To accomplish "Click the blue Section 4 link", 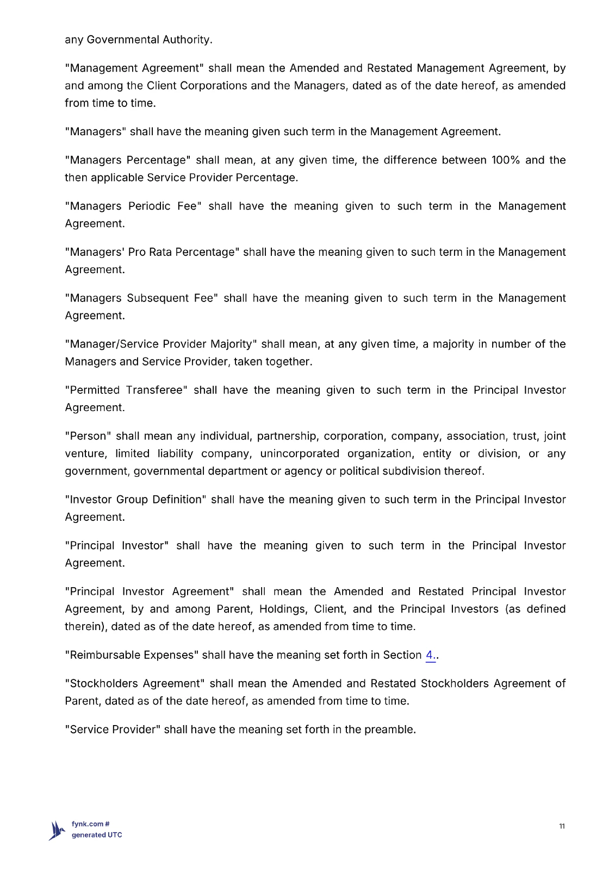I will [x=430, y=655].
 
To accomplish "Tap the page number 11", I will [x=562, y=826].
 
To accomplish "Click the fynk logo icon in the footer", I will [x=57, y=830].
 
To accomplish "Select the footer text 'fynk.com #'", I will [x=91, y=824].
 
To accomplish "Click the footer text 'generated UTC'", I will [x=97, y=835].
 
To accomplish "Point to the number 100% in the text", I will [x=505, y=160].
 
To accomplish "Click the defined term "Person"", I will [x=87, y=436].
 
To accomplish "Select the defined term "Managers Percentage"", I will [x=127, y=160].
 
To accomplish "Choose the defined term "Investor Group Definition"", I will [x=135, y=500].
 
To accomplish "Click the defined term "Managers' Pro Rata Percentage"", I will [x=152, y=252].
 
